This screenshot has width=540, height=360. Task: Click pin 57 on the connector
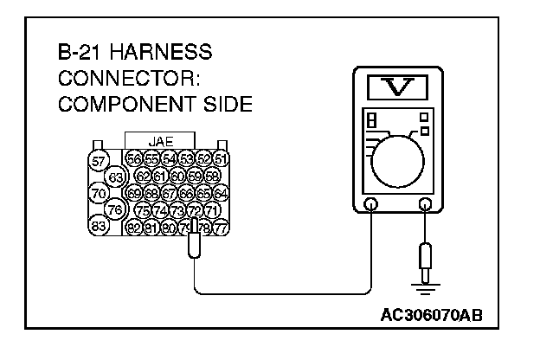[x=99, y=161]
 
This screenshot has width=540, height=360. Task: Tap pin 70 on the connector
[x=99, y=193]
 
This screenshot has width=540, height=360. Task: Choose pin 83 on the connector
[x=99, y=226]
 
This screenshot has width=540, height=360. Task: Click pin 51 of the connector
[x=220, y=159]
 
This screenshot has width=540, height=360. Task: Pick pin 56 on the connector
[x=134, y=159]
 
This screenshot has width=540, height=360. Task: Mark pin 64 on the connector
[x=220, y=192]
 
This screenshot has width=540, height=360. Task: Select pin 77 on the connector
[x=220, y=227]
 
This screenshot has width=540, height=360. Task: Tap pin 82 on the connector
[x=134, y=227]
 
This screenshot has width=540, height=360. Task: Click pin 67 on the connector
[x=169, y=192]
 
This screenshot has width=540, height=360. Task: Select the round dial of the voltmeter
[x=398, y=159]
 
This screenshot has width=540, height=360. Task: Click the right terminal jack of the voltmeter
[x=425, y=206]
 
